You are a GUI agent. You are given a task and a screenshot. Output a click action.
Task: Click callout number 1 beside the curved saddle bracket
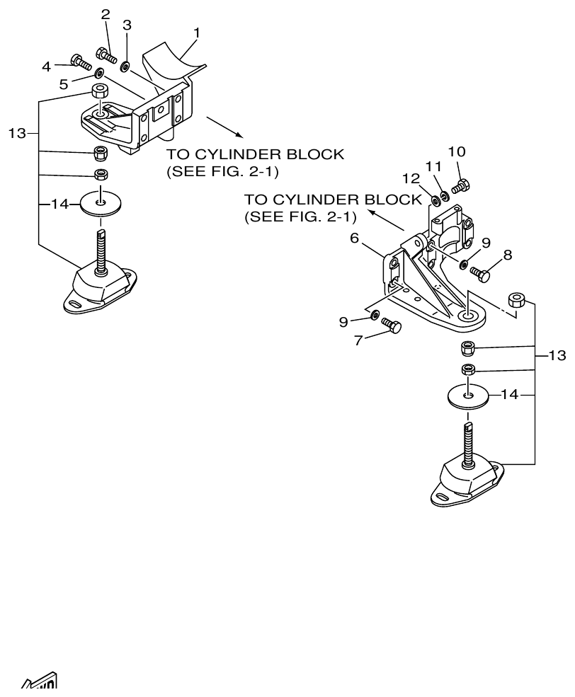coord(197,32)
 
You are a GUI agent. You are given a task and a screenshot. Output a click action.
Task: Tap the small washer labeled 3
coord(125,67)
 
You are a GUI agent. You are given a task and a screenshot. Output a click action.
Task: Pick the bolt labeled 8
coord(484,273)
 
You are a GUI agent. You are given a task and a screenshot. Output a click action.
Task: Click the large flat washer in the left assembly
coord(101,204)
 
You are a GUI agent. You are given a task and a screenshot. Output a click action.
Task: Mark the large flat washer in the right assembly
coord(466,395)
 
